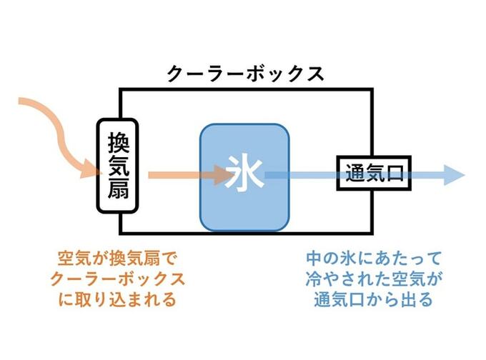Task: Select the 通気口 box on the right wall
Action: click(374, 173)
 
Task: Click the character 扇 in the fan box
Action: click(116, 192)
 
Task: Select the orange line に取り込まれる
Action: click(116, 299)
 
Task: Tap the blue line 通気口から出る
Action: click(373, 299)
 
